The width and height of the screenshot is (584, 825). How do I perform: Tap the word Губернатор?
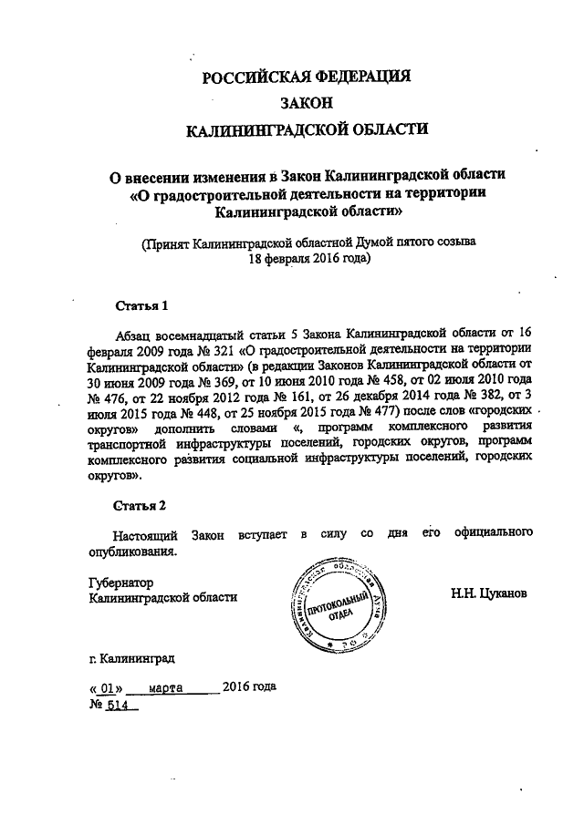pos(120,582)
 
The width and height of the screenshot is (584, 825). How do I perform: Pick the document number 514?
pos(117,705)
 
